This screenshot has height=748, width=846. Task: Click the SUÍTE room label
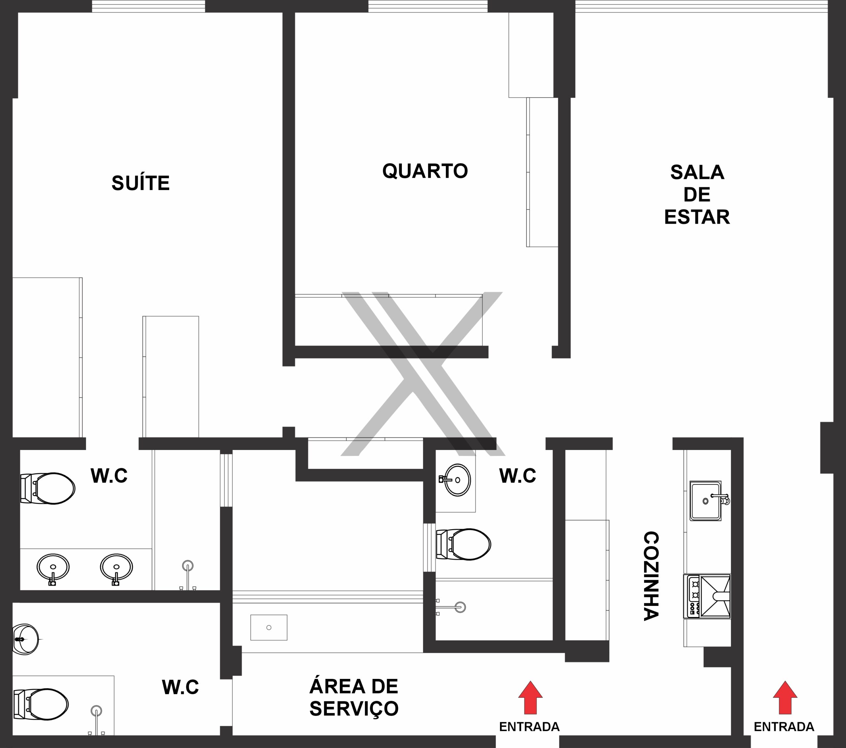pyautogui.click(x=141, y=183)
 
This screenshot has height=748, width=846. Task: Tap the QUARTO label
pyautogui.click(x=425, y=171)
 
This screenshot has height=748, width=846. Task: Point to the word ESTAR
pyautogui.click(x=697, y=217)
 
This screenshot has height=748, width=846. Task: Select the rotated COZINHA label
pyautogui.click(x=651, y=576)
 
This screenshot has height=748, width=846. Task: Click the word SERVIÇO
pyautogui.click(x=354, y=709)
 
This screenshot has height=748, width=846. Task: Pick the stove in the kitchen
pyautogui.click(x=707, y=596)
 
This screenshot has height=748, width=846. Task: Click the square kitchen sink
pyautogui.click(x=706, y=501)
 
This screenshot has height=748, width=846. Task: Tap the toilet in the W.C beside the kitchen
pyautogui.click(x=464, y=544)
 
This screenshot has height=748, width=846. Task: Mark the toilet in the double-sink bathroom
pyautogui.click(x=48, y=489)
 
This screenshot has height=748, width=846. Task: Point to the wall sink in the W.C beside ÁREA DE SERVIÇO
pyautogui.click(x=26, y=639)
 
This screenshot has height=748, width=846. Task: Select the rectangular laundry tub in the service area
pyautogui.click(x=269, y=628)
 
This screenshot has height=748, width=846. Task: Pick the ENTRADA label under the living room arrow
pyautogui.click(x=784, y=727)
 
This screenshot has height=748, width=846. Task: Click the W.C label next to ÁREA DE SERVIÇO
pyautogui.click(x=180, y=687)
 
